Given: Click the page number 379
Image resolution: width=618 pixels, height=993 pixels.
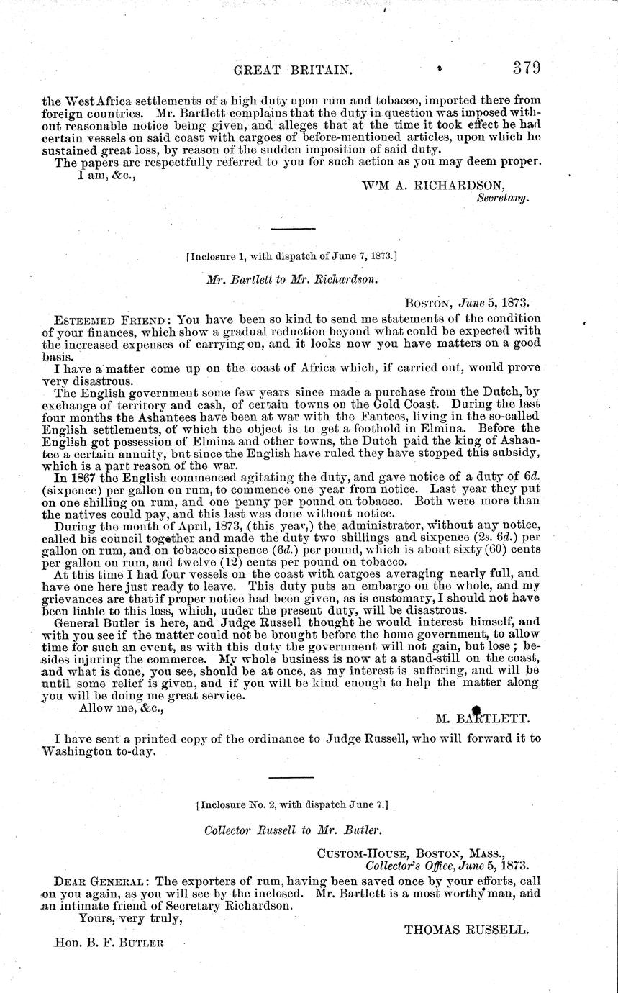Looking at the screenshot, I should [x=527, y=69].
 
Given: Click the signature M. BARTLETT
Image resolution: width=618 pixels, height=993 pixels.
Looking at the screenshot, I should [x=483, y=717].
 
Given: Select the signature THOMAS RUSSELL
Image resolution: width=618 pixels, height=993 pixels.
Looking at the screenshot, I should [x=467, y=929].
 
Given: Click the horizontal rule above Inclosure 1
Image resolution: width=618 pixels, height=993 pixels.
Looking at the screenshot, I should [x=292, y=229].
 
